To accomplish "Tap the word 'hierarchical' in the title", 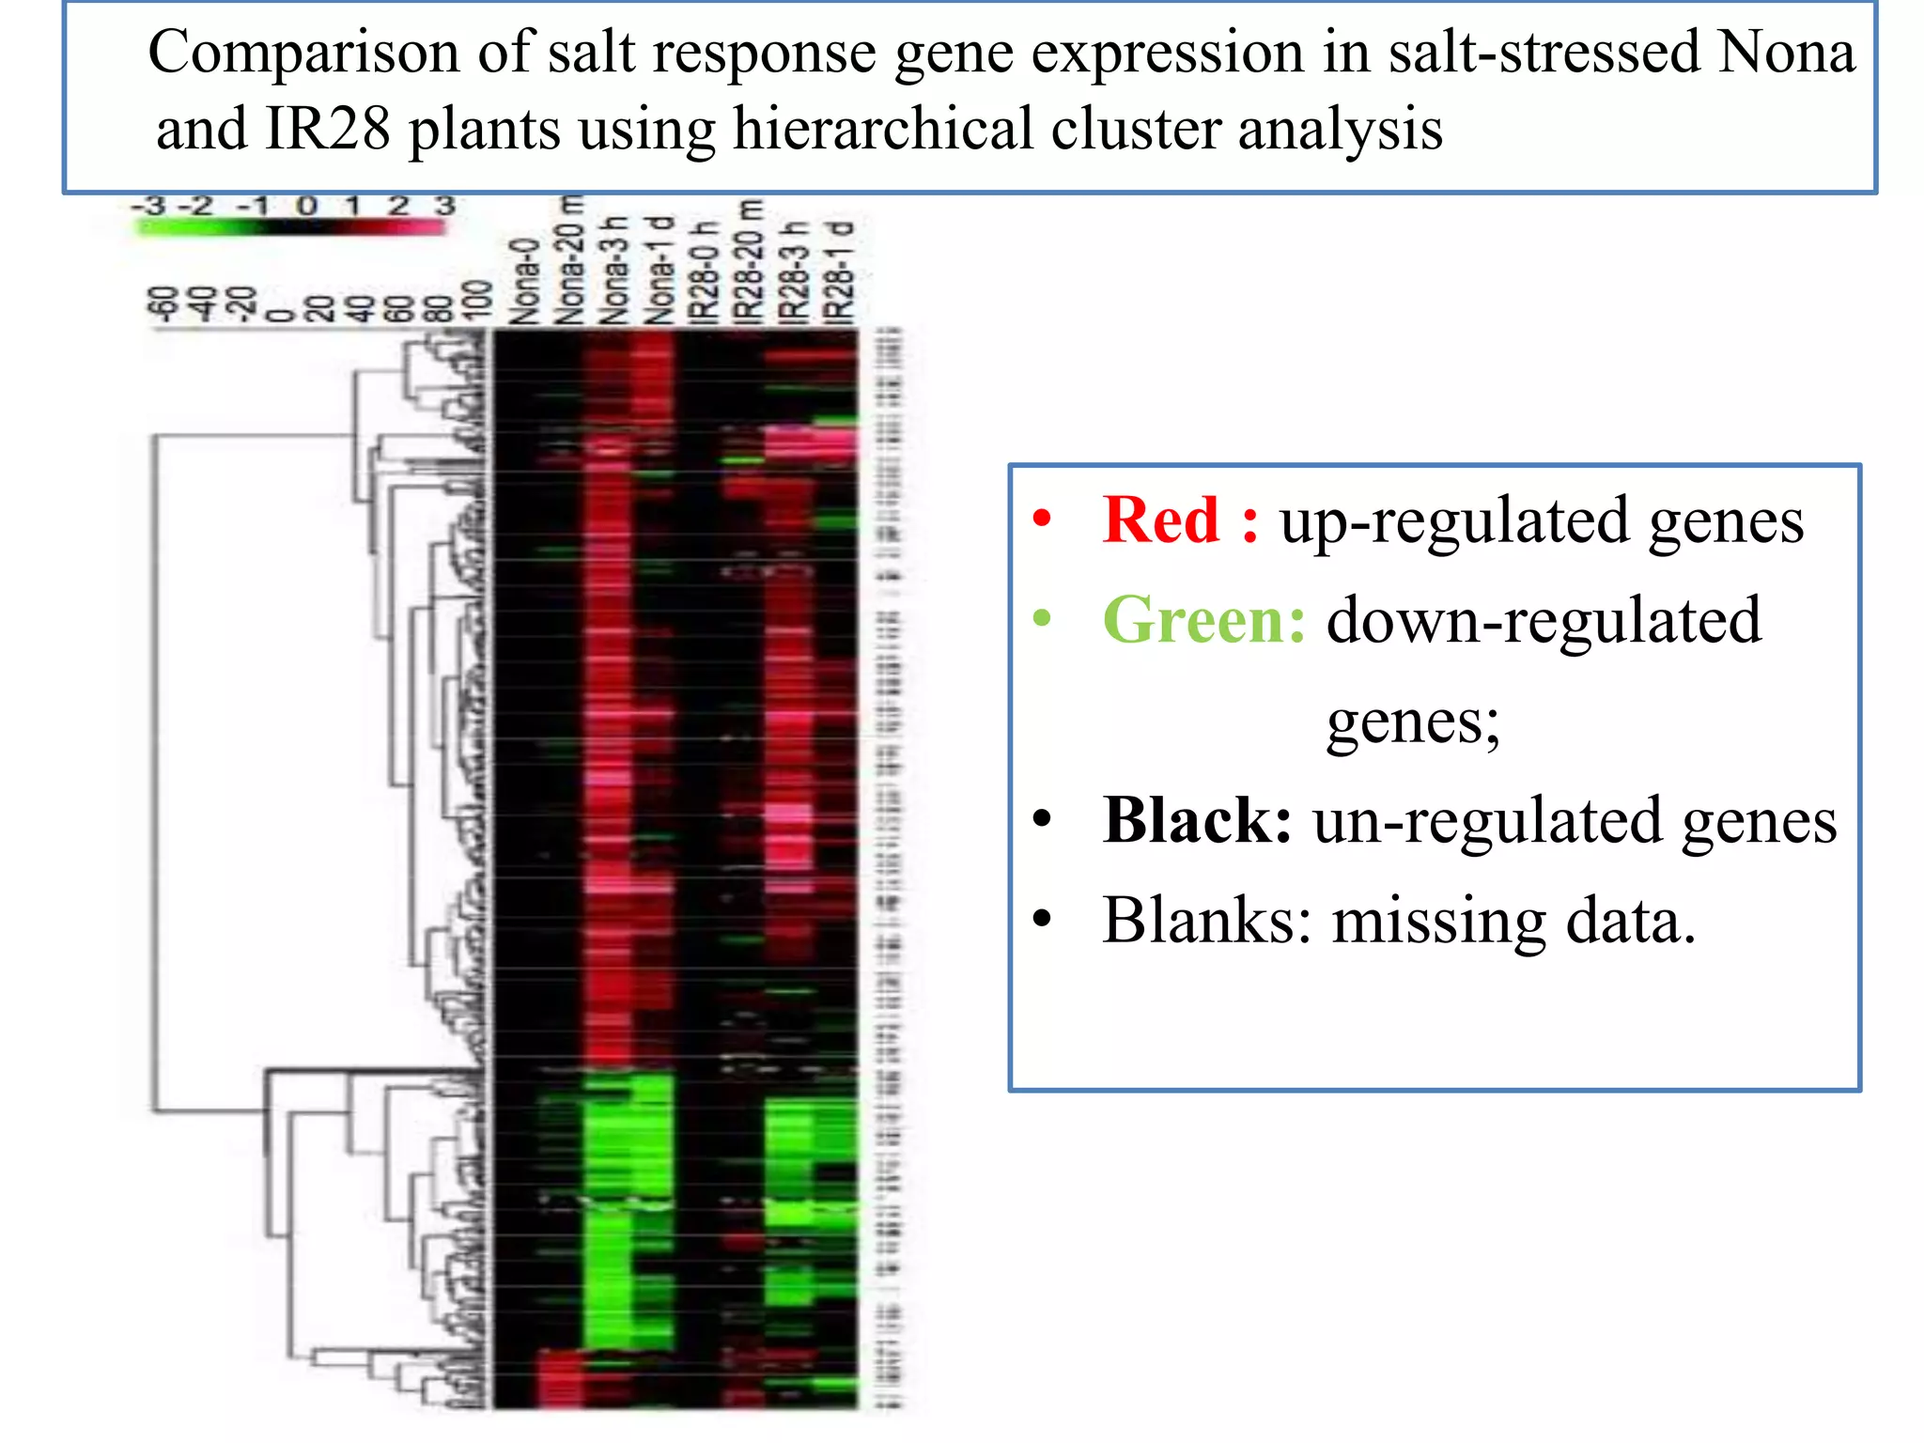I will click(x=882, y=129).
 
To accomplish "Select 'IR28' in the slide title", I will click(x=327, y=129).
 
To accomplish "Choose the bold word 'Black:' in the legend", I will click(x=1197, y=820).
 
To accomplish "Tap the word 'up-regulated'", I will click(x=1452, y=521).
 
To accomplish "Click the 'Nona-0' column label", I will click(x=524, y=281).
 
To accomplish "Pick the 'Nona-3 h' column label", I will click(x=614, y=270).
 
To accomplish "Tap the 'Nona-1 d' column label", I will click(x=660, y=270).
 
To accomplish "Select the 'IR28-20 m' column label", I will click(x=750, y=260).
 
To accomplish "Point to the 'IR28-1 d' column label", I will click(x=839, y=272).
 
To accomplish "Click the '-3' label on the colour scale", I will click(x=149, y=206).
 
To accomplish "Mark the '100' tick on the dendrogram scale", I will click(x=478, y=300).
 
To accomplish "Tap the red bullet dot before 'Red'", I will click(x=1042, y=519).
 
